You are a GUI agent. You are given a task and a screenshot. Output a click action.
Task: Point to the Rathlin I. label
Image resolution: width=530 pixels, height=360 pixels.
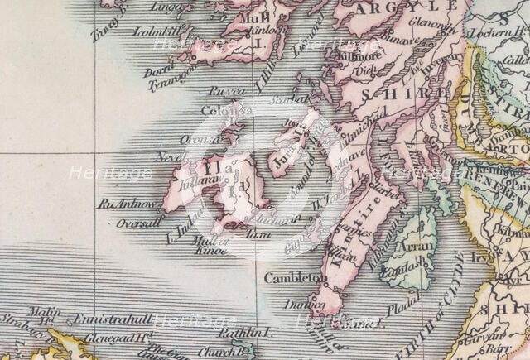[x=246, y=332]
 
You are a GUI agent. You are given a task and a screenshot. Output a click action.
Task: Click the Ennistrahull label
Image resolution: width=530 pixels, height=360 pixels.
[x=113, y=319]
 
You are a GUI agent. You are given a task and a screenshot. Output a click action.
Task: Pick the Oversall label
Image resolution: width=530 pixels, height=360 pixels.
[x=138, y=223]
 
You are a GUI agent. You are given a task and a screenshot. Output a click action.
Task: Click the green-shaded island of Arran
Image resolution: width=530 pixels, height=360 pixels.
[x=422, y=248]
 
